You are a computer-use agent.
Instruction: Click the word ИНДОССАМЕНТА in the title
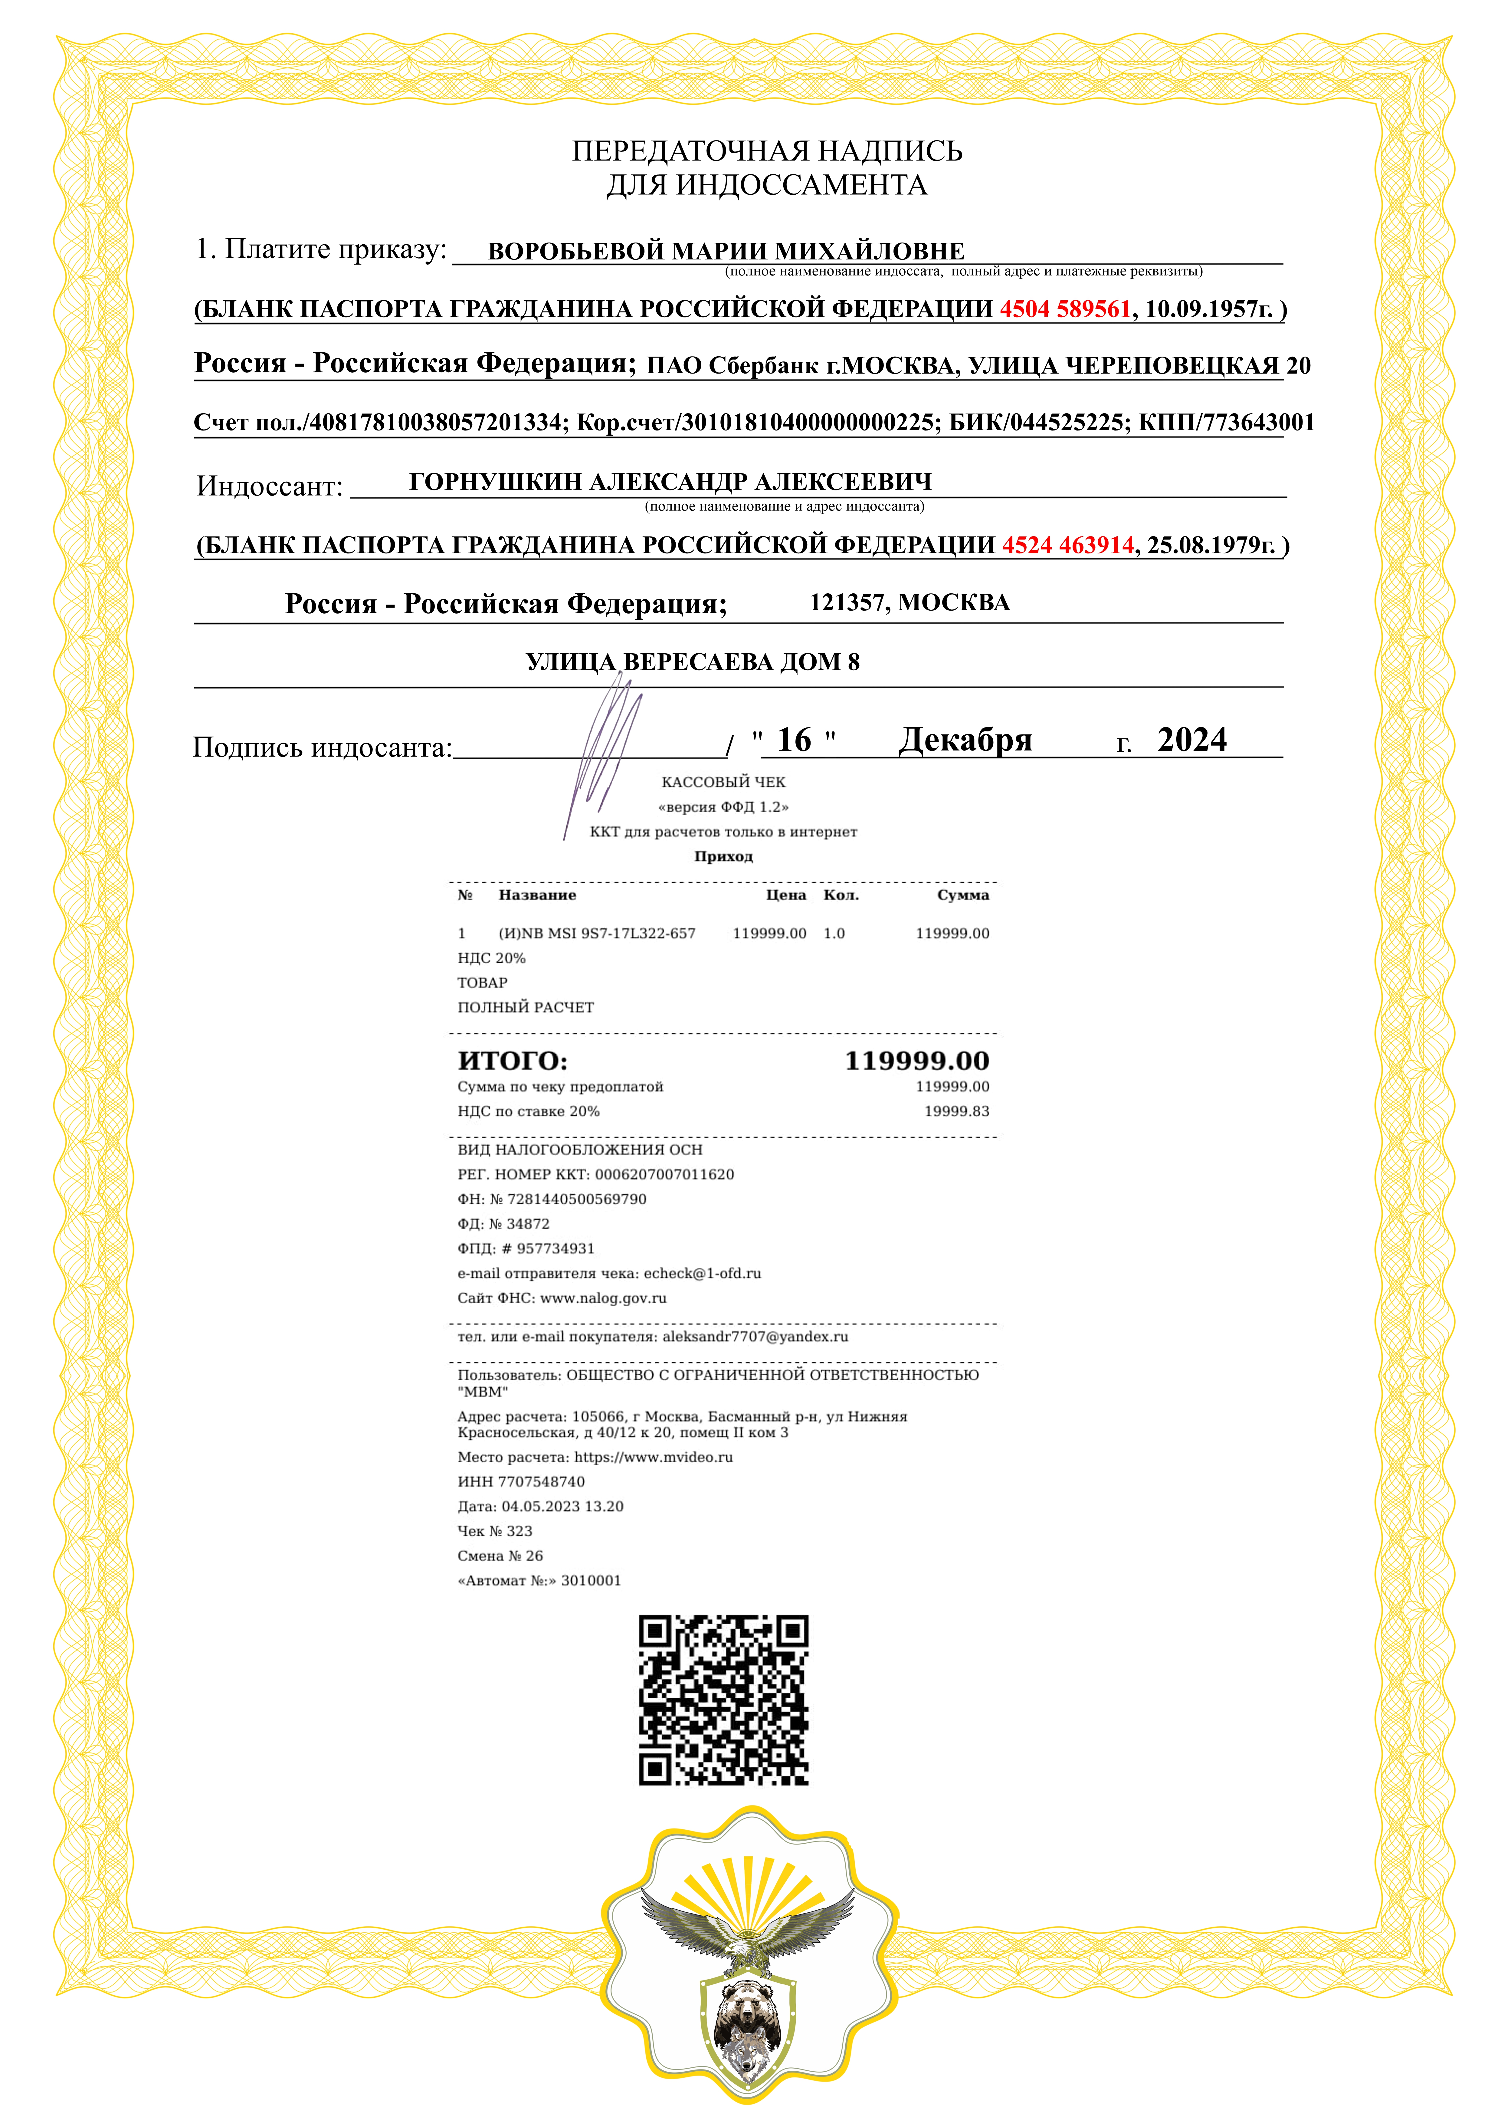click(801, 185)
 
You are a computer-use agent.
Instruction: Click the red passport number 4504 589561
click(1064, 309)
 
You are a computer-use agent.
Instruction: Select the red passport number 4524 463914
click(1067, 545)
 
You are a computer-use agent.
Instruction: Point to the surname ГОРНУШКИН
click(496, 482)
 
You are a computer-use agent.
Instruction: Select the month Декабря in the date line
click(965, 740)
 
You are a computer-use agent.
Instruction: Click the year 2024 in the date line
click(1192, 740)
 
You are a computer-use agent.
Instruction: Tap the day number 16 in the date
click(794, 740)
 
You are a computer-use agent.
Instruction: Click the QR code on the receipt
click(723, 1700)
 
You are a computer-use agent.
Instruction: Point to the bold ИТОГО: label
click(512, 1061)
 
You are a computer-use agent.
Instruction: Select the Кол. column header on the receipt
click(841, 895)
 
